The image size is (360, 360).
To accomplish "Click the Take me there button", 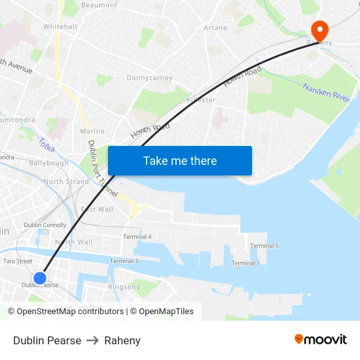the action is (x=180, y=160).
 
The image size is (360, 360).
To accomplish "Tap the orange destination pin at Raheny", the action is (x=319, y=30).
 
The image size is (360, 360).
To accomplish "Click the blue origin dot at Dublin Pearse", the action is (x=40, y=278).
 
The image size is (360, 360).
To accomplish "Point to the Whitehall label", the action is (x=60, y=27).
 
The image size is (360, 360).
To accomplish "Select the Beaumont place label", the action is (x=99, y=5).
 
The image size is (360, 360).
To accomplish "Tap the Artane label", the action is (x=215, y=28).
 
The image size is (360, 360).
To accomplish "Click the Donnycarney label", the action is (x=149, y=78).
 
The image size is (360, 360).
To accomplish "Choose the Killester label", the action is (x=200, y=100).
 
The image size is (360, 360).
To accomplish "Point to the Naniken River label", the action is (x=327, y=91).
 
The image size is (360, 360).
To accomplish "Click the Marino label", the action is (x=92, y=131).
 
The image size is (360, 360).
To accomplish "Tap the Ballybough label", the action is (x=48, y=163).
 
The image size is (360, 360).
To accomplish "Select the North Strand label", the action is (x=66, y=182).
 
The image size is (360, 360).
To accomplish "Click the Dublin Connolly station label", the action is (x=45, y=225).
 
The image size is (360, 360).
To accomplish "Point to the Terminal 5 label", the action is (x=264, y=245).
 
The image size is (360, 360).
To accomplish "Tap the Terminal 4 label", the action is (x=137, y=236).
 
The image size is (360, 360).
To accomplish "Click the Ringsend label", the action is (x=124, y=287).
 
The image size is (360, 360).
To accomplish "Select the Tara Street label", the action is (x=18, y=261).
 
